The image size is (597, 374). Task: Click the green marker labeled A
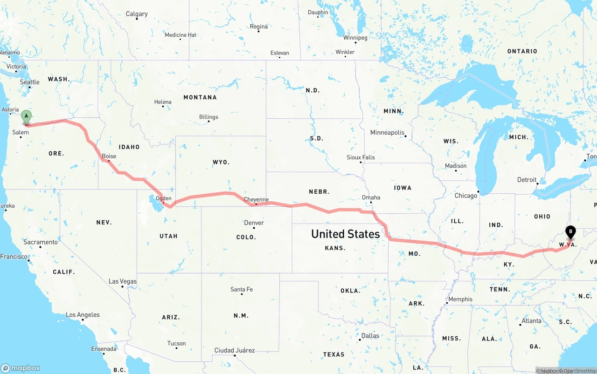[27, 116]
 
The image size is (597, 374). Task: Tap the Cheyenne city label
[256, 199]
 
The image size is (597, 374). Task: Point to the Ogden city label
[164, 198]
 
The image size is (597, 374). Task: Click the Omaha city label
[371, 197]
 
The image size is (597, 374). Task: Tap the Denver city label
[254, 223]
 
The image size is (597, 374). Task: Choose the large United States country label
[346, 234]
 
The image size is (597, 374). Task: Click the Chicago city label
[466, 196]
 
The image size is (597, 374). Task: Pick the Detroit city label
[527, 180]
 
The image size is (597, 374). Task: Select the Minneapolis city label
[387, 132]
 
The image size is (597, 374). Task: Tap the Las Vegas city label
[123, 281]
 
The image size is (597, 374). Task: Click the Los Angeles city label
[83, 315]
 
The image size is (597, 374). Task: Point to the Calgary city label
[137, 14]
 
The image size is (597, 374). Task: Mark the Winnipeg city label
[355, 37]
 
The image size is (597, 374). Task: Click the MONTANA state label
[200, 97]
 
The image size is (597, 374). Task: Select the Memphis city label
[460, 299]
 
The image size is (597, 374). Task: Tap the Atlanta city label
[532, 320]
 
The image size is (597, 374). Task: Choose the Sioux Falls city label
[361, 157]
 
